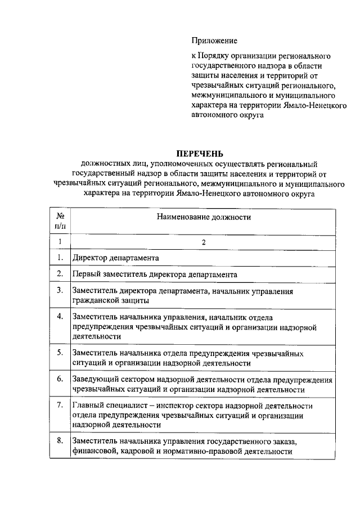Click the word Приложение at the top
214,40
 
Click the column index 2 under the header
204,242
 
